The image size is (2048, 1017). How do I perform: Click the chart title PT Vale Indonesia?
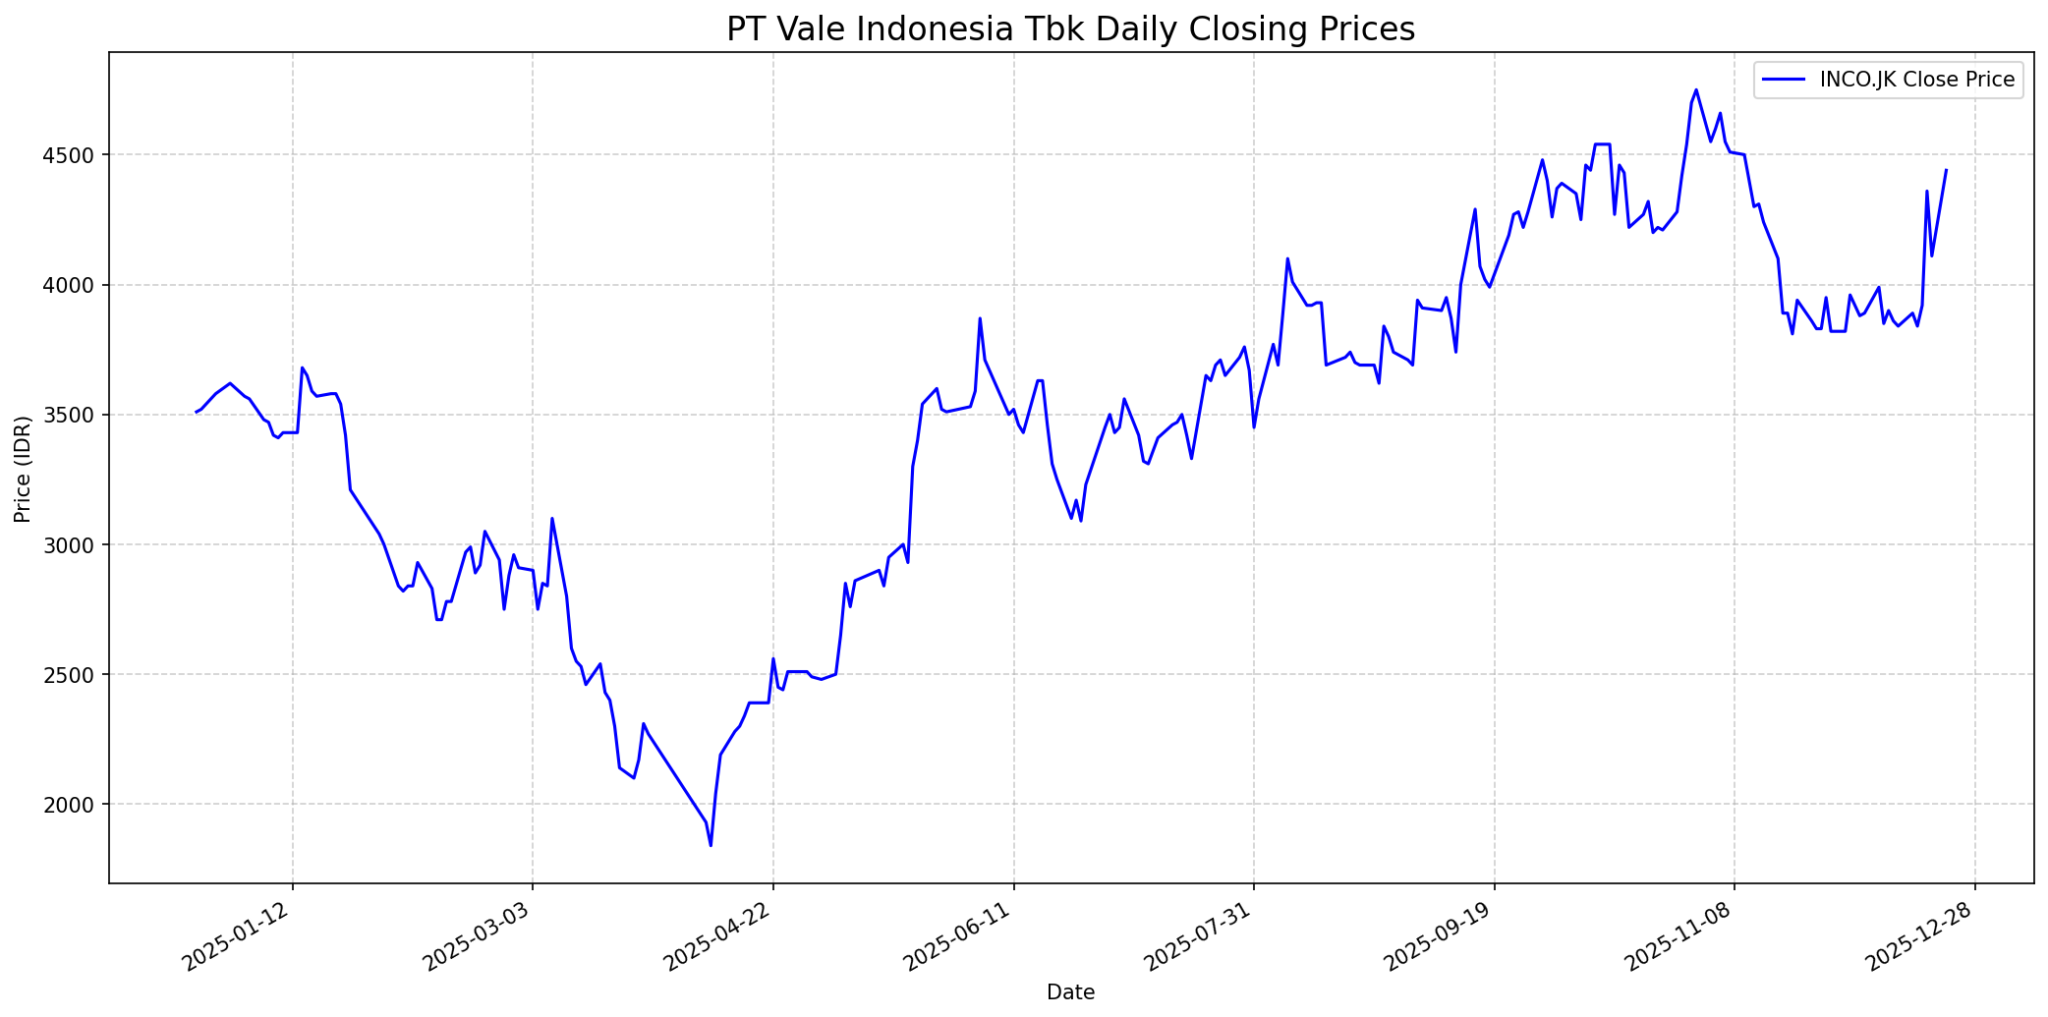(1070, 29)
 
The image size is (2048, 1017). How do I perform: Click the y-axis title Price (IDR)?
(23, 469)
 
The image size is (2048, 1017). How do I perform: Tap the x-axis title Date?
(1070, 992)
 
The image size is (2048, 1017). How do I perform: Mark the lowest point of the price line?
(711, 845)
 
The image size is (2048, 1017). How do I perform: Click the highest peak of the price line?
(1696, 89)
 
